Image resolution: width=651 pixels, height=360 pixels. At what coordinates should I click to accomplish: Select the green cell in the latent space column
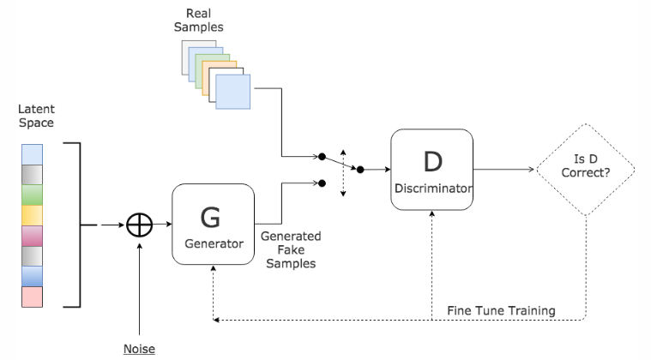coord(30,195)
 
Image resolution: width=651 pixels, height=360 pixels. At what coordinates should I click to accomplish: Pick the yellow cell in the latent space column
coord(30,215)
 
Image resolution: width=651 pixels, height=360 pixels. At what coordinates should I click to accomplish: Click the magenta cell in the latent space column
coord(30,236)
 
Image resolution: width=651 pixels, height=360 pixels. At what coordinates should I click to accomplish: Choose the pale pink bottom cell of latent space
coord(30,297)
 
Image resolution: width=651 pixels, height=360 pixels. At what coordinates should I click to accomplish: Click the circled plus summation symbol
coord(138,226)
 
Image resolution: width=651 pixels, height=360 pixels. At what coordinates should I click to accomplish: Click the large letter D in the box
coord(431,160)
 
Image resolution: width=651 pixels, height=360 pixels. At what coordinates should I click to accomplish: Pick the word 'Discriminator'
coord(431,187)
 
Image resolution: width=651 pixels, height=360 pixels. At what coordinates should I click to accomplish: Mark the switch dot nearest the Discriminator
coord(360,170)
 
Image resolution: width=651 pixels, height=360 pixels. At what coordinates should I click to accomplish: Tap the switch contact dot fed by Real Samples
coord(322,158)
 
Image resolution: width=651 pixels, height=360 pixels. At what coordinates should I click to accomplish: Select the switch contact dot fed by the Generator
coord(322,183)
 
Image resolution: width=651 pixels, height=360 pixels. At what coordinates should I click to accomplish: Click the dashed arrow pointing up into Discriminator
coord(431,257)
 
